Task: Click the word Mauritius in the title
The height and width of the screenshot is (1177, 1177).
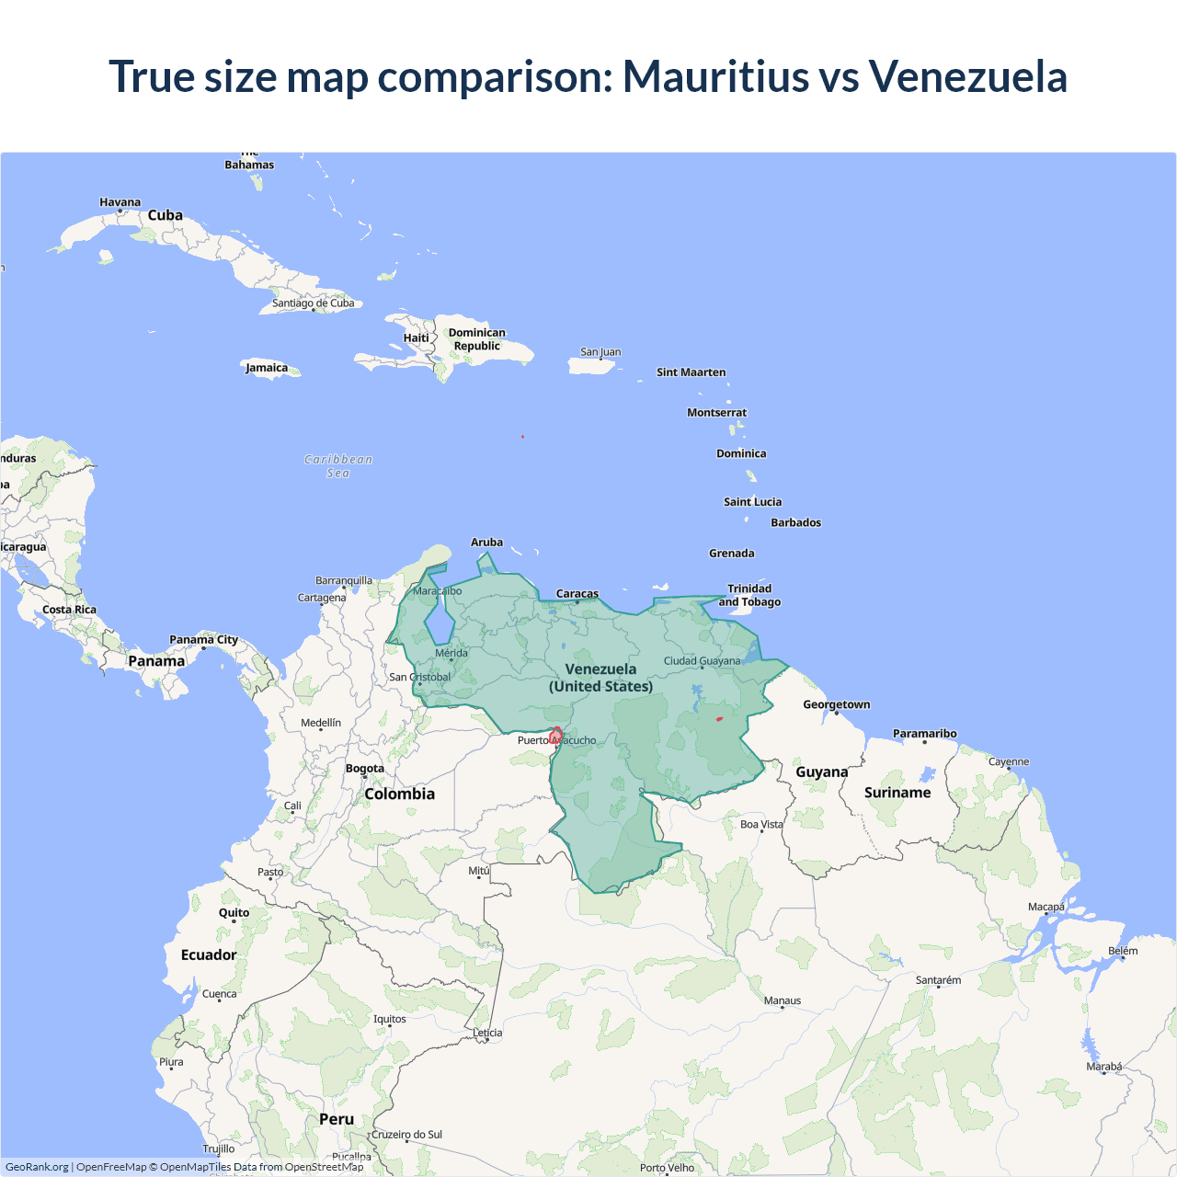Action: point(715,76)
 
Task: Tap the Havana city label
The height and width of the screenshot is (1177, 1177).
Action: point(120,202)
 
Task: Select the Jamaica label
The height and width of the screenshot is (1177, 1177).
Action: point(267,368)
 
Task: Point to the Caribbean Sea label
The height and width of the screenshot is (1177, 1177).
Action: point(338,466)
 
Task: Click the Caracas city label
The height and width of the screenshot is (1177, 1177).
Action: point(577,594)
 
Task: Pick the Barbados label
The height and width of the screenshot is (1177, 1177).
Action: point(795,522)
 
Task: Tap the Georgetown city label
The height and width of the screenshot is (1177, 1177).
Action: point(836,704)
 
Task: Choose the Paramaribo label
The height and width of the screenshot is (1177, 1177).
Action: point(924,734)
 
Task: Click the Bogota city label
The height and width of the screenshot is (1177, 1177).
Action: point(365,769)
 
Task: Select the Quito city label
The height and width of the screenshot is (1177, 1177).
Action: point(234,913)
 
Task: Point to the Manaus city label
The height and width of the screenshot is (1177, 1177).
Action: point(783,1000)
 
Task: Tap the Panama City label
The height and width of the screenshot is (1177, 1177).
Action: point(203,640)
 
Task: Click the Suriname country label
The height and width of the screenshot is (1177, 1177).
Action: point(897,793)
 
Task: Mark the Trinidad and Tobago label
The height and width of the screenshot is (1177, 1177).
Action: point(749,595)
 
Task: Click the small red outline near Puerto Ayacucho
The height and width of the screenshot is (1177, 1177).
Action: point(555,735)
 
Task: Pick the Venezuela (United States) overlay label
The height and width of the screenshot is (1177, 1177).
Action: point(600,678)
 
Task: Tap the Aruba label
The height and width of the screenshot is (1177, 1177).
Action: point(486,543)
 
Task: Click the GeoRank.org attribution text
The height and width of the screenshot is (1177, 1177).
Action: point(37,1167)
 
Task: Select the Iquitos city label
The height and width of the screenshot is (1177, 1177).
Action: point(389,1019)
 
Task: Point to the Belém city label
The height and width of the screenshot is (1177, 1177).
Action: point(1123,951)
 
